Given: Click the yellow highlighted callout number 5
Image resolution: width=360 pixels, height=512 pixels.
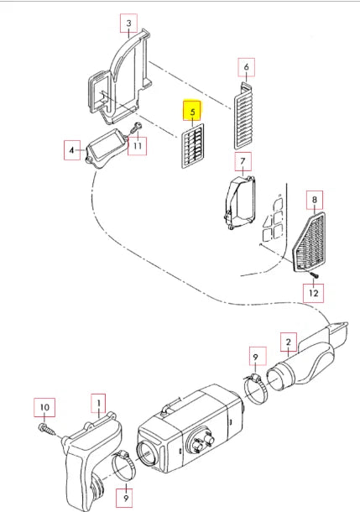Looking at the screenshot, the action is [x=192, y=111].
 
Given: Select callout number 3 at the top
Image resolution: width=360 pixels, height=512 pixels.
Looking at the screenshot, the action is [x=128, y=24].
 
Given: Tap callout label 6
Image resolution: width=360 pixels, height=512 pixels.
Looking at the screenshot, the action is [x=247, y=67].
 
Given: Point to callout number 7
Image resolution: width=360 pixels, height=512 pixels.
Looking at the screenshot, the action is [x=243, y=161].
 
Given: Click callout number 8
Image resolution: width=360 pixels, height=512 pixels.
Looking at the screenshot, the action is [x=315, y=200].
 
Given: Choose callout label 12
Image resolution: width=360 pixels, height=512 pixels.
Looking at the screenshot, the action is [x=313, y=293].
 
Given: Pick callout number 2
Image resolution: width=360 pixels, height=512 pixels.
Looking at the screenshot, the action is [x=289, y=342].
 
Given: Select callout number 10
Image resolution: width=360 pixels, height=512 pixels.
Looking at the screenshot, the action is [x=44, y=408].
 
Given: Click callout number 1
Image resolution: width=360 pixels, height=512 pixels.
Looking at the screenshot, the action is [x=98, y=404].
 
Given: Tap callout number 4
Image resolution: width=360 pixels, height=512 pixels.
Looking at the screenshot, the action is [x=72, y=150].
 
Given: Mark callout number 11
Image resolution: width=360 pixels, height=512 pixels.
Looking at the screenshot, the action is [x=137, y=146].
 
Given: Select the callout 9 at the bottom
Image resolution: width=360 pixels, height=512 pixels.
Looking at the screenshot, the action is [x=126, y=498].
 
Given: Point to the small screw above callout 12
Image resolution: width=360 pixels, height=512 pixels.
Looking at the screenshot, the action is [x=313, y=274].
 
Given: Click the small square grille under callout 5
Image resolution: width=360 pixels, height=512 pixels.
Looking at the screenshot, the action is [x=193, y=146].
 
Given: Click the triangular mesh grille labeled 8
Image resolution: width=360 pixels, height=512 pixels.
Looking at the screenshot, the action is [x=310, y=242].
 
